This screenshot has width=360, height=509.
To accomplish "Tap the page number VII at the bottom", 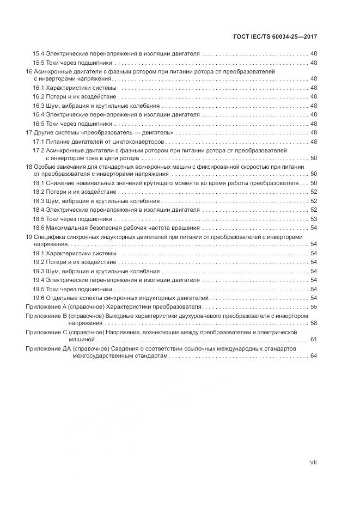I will [x=313, y=463].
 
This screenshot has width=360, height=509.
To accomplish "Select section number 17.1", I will [x=38, y=142].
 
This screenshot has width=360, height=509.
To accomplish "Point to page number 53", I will [x=313, y=219].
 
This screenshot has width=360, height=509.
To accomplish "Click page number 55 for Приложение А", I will [x=313, y=307].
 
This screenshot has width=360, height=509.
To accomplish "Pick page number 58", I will [x=313, y=323].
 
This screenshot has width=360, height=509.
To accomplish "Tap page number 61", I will [x=313, y=339].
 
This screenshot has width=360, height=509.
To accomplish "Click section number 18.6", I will [x=38, y=227].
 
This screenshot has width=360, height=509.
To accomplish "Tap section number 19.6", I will [x=38, y=298].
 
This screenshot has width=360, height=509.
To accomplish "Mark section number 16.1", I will [x=38, y=88].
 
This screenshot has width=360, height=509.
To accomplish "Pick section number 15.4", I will [x=38, y=54].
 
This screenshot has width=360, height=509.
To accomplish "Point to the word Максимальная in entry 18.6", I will [x=66, y=227].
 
